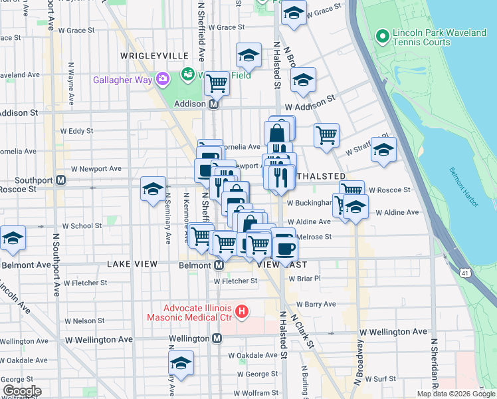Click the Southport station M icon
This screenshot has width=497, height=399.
(60, 180)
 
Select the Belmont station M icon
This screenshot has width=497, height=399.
(219, 265)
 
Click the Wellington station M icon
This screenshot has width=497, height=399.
(217, 338)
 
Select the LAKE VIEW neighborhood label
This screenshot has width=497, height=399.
(133, 264)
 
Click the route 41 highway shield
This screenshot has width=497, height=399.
(464, 272)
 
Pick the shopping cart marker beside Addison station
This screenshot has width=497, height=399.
(217, 84)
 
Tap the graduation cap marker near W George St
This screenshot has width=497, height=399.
(180, 363)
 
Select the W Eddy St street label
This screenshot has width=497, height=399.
(76, 131)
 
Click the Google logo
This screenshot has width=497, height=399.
(21, 391)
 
